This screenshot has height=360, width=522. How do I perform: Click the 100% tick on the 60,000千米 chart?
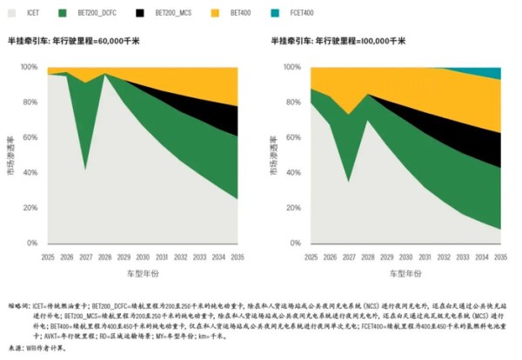pos(37,68)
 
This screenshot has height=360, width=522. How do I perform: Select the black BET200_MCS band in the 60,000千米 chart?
pos(222,117)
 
